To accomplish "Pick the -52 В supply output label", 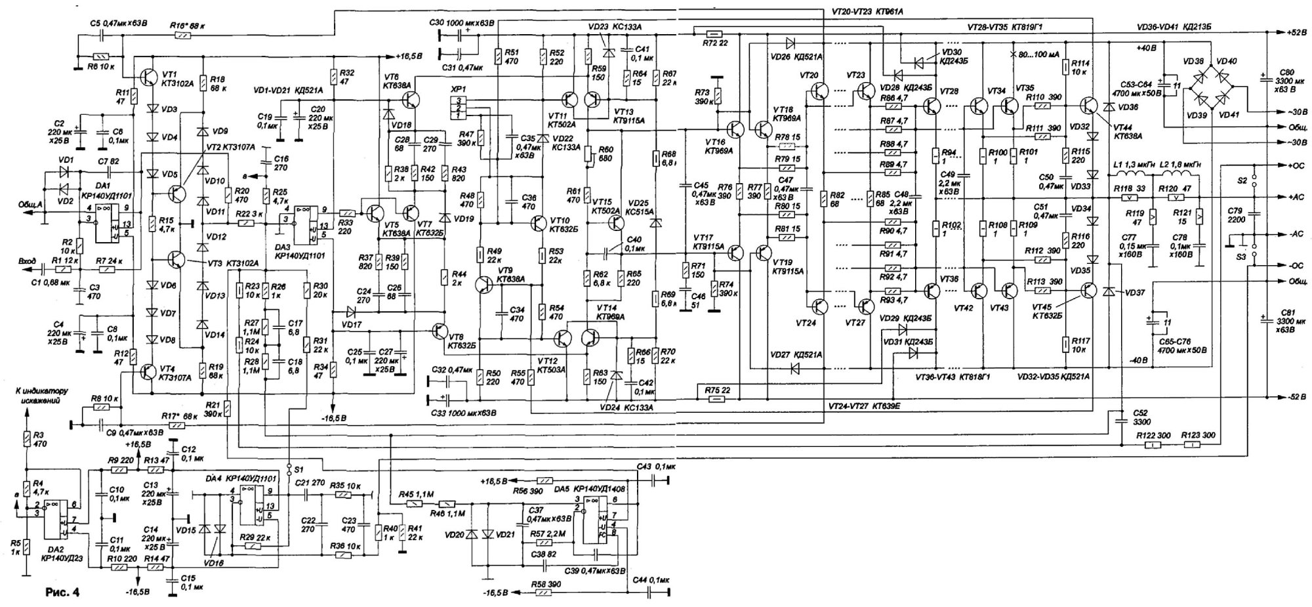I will [1291, 397].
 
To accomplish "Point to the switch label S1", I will [298, 469].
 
